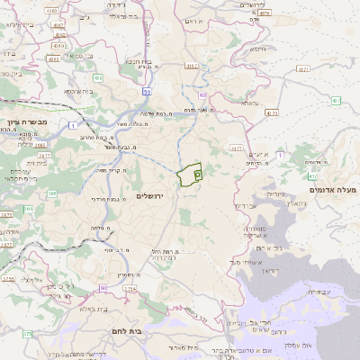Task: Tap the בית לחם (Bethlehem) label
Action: click(162, 331)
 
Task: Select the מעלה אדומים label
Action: click(332, 190)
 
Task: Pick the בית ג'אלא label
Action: click(94, 308)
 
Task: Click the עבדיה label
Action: click(320, 292)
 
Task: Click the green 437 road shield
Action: click(334, 99)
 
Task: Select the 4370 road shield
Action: click(272, 114)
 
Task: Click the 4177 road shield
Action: click(191, 65)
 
